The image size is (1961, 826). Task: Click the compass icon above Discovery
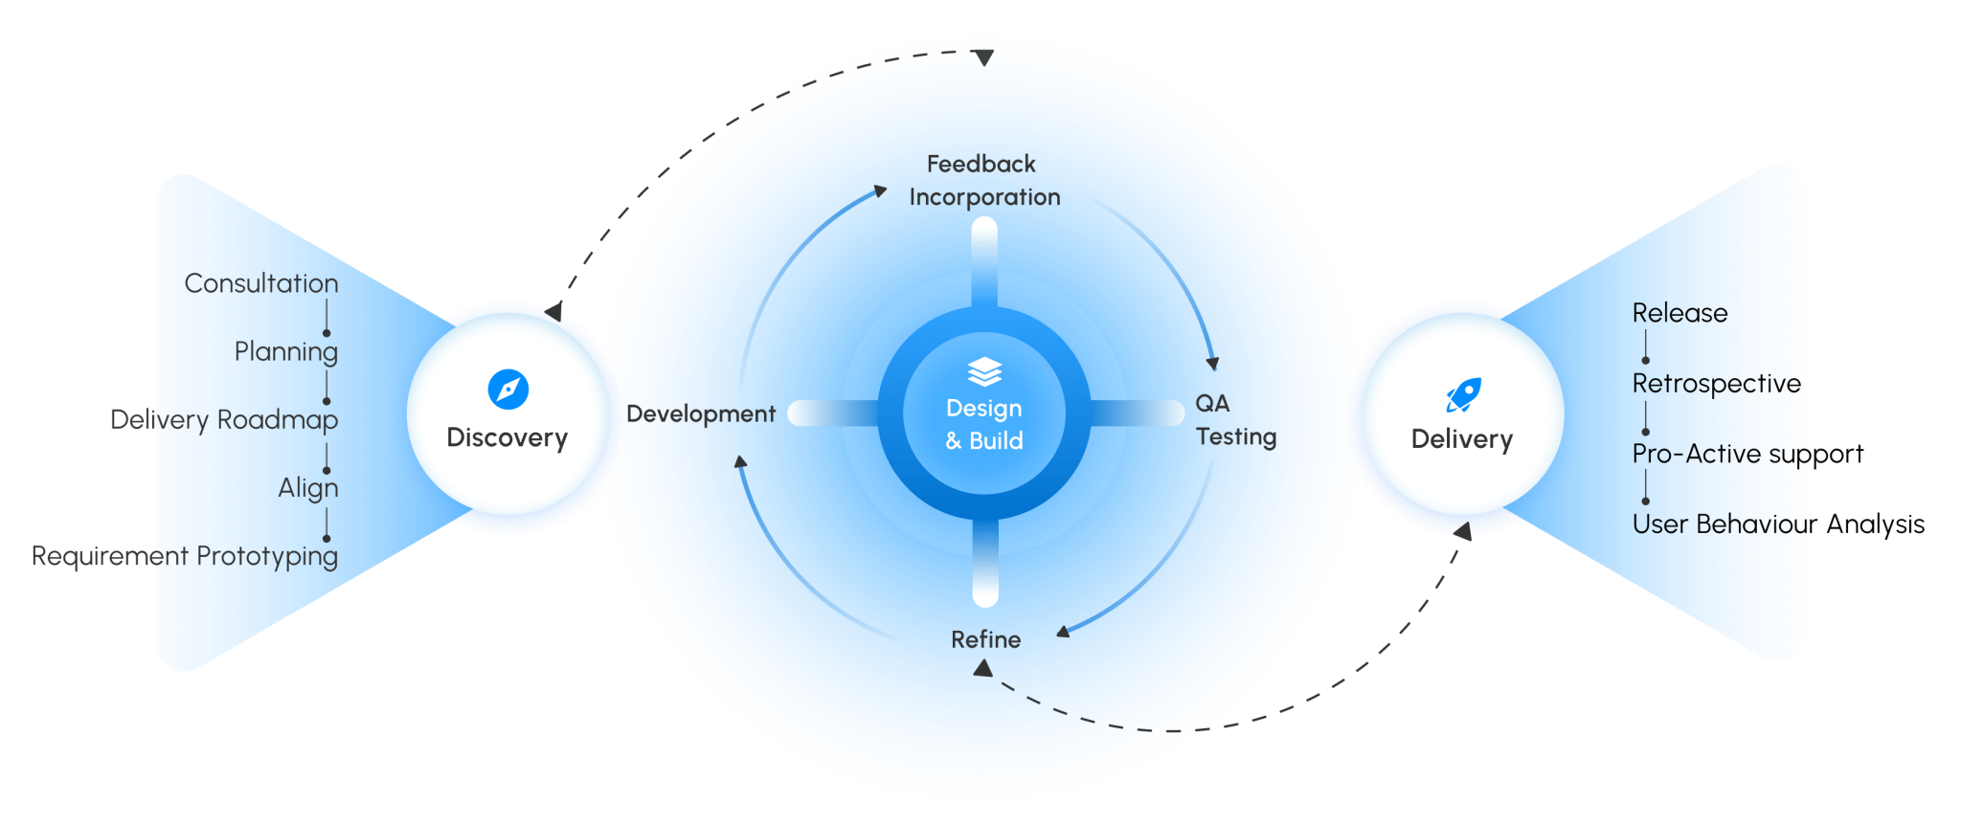[x=507, y=390]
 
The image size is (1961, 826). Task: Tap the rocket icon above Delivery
[x=1463, y=393]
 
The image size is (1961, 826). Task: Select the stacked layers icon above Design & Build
[x=984, y=371]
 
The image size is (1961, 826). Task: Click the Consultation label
[x=261, y=283]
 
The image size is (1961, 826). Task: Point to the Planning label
[x=286, y=351]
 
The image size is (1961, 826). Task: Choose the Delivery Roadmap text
[x=224, y=419]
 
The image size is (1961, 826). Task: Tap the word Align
[x=308, y=488]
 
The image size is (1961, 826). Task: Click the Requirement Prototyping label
[x=185, y=556]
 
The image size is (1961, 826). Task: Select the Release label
[x=1679, y=313]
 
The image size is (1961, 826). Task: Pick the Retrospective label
[x=1716, y=384]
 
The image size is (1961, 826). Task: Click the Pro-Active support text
[x=1747, y=454]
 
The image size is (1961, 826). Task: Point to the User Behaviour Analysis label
[x=1778, y=525]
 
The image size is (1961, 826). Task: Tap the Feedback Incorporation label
[x=983, y=180]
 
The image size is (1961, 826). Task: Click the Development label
[x=701, y=413]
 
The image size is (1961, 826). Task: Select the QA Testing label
[x=1234, y=420]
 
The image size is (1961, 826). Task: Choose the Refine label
[x=985, y=639]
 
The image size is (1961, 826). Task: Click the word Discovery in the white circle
[x=507, y=437]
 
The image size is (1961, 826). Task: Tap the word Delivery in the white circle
[x=1462, y=439]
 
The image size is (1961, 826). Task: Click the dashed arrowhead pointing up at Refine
[x=982, y=668]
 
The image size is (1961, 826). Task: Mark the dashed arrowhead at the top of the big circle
[x=984, y=58]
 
